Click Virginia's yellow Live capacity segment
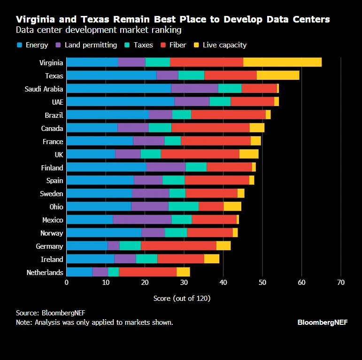pyautogui.click(x=282, y=62)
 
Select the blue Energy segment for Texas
pyautogui.click(x=111, y=75)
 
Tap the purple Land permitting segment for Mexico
pyautogui.click(x=142, y=220)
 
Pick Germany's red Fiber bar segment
pyautogui.click(x=178, y=246)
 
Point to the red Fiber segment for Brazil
pyautogui.click(x=228, y=115)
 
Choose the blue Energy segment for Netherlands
pyautogui.click(x=79, y=272)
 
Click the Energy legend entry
pyautogui.click(x=33, y=45)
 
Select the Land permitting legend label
pyautogui.click(x=91, y=45)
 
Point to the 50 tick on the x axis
pyautogui.click(x=262, y=283)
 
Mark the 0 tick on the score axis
pyautogui.click(x=67, y=283)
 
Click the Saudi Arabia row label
pyautogui.click(x=44, y=89)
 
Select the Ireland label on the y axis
pyautogui.click(x=52, y=259)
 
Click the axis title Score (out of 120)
pyautogui.click(x=182, y=299)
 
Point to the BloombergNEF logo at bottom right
pyautogui.click(x=323, y=322)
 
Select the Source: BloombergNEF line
pyautogui.click(x=51, y=313)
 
